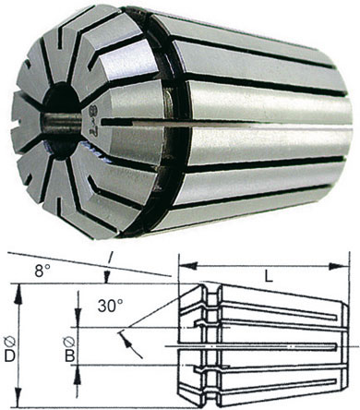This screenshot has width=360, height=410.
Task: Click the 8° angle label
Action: point(42,271)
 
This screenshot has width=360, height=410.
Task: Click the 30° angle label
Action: point(111,307)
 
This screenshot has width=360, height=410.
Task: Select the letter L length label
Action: point(270,278)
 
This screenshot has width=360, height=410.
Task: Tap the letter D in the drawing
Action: point(10,356)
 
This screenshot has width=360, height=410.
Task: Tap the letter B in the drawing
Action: point(69,356)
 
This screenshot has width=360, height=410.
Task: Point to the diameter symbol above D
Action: point(10,342)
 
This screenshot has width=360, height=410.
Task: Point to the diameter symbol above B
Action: point(69,342)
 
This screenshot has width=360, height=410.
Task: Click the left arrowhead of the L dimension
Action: point(188,266)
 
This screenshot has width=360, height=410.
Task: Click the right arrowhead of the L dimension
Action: point(339,267)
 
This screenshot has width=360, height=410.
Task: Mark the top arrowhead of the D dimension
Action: point(19,293)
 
